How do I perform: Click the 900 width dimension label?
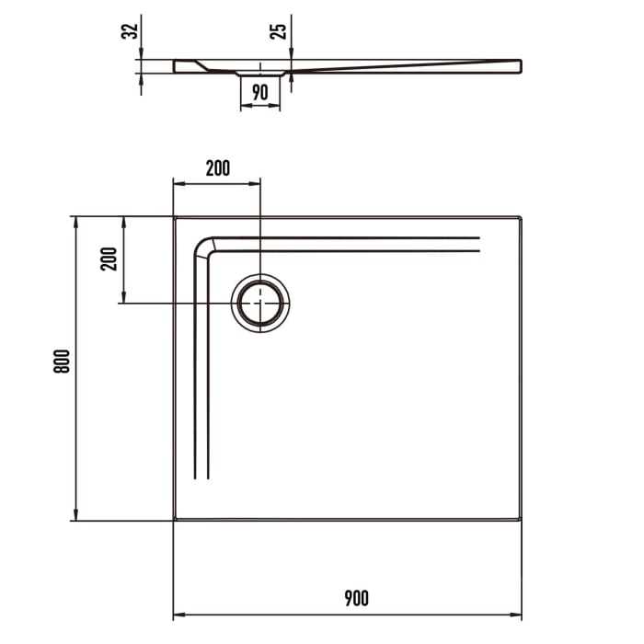(356, 599)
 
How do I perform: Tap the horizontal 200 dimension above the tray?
(218, 167)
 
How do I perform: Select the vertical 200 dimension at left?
(109, 259)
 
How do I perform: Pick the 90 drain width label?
(259, 91)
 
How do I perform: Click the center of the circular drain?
(260, 303)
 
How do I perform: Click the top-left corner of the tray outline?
(175, 217)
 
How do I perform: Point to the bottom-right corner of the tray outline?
(521, 520)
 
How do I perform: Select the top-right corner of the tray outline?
(521, 217)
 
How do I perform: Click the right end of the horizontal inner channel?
(479, 244)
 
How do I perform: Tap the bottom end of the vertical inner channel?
(202, 478)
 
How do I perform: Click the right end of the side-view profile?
(520, 65)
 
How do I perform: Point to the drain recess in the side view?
(260, 72)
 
